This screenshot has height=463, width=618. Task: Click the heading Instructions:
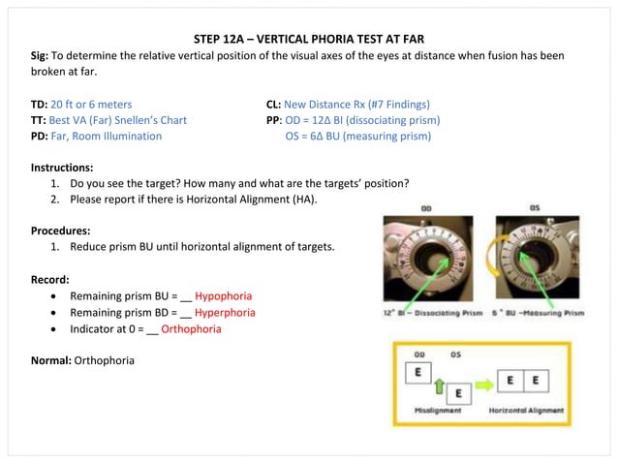coord(63,168)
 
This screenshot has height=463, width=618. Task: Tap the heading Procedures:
coord(61,231)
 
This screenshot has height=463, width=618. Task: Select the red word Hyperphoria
coord(226,312)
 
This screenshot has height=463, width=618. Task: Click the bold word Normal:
coord(51,360)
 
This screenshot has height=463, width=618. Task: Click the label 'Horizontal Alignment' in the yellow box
coord(526,410)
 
